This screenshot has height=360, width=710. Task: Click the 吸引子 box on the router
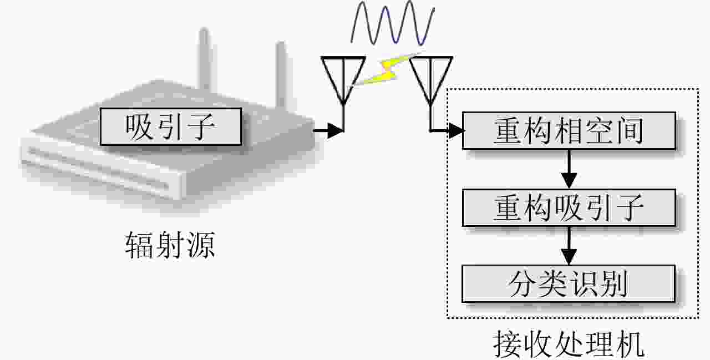click(170, 127)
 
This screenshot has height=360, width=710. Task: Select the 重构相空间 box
click(569, 131)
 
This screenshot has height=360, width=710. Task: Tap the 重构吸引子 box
click(569, 207)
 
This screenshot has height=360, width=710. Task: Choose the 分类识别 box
click(569, 283)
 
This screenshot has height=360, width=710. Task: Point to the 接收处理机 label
click(569, 344)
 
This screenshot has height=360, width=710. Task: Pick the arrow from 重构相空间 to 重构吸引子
click(569, 169)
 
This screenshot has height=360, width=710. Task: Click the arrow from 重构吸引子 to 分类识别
click(569, 246)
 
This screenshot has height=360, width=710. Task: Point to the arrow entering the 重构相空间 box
click(452, 131)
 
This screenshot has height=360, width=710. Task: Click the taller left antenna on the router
click(204, 58)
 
